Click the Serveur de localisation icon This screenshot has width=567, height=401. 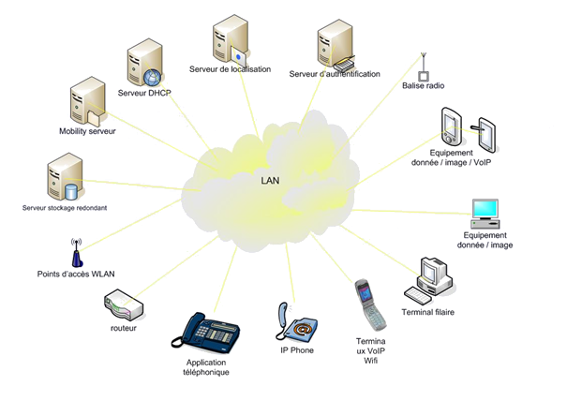click(x=231, y=38)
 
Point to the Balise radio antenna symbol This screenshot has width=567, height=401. click(x=424, y=67)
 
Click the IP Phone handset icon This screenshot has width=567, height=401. click(x=294, y=322)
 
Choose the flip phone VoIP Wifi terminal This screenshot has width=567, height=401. click(x=367, y=304)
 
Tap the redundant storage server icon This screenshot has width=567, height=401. click(x=66, y=178)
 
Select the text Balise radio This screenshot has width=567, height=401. click(x=422, y=86)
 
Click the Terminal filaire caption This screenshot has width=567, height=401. click(x=428, y=312)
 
